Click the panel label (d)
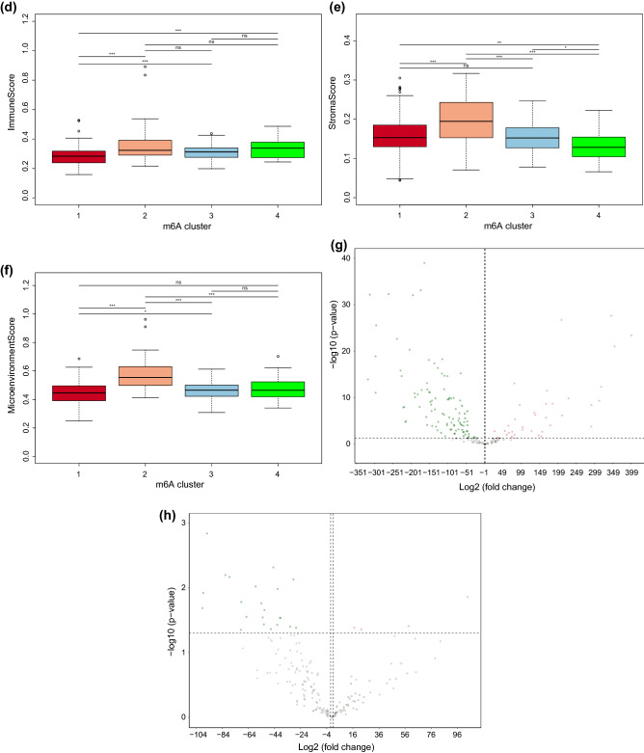(11, 9)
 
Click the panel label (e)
(335, 9)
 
